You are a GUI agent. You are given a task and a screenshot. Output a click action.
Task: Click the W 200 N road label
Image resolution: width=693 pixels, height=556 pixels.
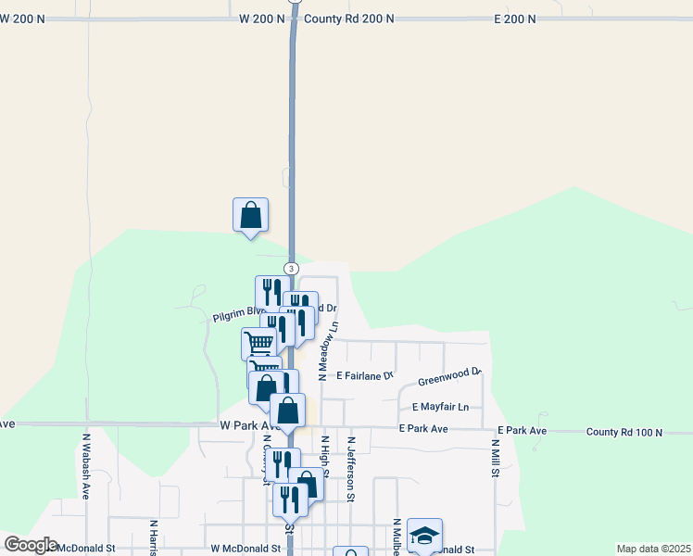pos(261,19)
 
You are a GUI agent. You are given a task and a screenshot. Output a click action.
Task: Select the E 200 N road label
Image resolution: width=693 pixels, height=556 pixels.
pos(515,19)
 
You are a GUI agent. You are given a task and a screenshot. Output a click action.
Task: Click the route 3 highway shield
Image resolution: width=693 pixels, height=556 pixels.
pos(292,268)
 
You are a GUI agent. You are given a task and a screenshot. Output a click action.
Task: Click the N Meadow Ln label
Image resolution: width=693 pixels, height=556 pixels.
pos(327,351)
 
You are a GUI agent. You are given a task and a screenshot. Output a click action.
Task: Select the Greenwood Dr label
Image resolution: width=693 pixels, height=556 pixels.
pos(449,376)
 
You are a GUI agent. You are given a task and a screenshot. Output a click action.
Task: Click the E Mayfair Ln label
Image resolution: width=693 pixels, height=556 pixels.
pos(441,407)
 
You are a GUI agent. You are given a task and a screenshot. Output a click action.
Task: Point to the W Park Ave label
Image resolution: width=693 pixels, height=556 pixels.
pos(249,424)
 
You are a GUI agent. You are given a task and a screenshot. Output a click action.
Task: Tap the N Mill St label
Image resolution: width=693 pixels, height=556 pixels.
pos(496,459)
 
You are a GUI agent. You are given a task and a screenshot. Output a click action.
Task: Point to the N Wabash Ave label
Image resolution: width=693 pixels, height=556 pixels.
pos(85,466)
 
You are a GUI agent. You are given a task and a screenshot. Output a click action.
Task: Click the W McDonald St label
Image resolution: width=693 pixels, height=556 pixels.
pos(246,549)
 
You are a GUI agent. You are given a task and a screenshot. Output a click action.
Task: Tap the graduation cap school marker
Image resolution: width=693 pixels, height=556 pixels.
pos(424,535)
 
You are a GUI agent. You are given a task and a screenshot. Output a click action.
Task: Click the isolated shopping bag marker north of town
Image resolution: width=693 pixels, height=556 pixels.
pos(250,215)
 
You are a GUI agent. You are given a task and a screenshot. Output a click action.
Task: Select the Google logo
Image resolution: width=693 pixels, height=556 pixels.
pos(31,545)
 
